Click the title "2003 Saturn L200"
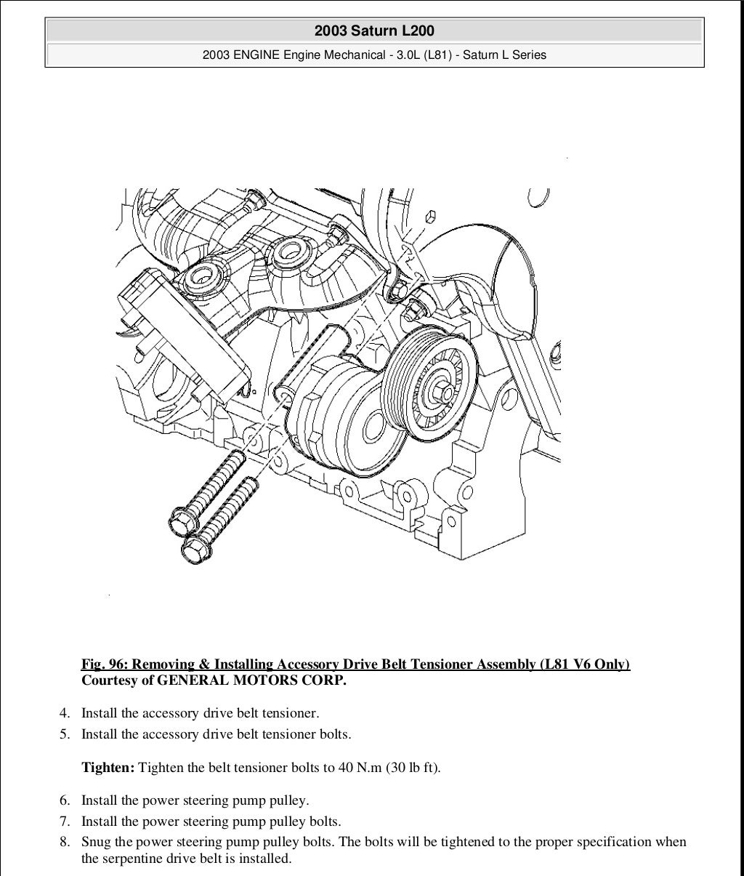tap(374, 31)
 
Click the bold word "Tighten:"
tap(108, 768)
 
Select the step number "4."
tap(65, 712)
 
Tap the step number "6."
tap(65, 800)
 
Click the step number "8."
tap(65, 842)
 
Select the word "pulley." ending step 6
tap(290, 800)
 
